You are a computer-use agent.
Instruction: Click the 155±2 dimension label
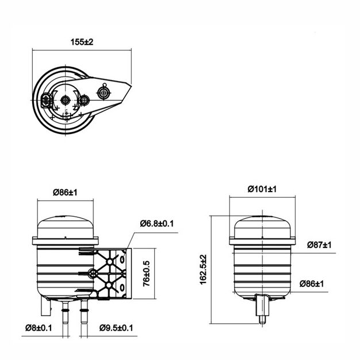[x=82, y=42]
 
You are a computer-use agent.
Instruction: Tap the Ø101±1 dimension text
[x=262, y=189]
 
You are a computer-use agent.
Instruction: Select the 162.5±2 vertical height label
[x=204, y=270]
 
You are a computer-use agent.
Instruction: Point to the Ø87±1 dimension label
[x=319, y=245]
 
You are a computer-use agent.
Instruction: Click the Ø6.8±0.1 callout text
[x=157, y=223]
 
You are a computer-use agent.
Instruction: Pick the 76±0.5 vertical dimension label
[x=147, y=273]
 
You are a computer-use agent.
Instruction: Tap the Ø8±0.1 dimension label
[x=39, y=328]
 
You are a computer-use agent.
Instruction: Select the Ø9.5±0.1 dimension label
[x=116, y=328]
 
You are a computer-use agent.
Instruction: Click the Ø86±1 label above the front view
[x=65, y=193]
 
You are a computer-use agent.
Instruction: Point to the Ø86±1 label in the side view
[x=312, y=284]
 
